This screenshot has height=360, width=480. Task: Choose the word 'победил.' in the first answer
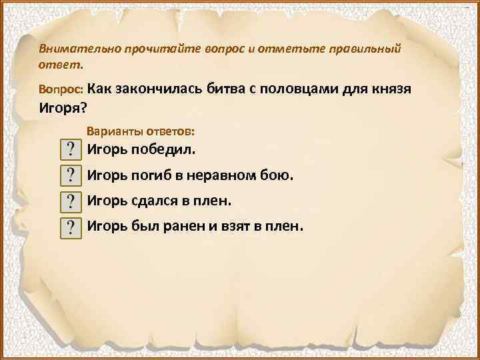(169, 149)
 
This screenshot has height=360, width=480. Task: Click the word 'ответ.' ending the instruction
(61, 65)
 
